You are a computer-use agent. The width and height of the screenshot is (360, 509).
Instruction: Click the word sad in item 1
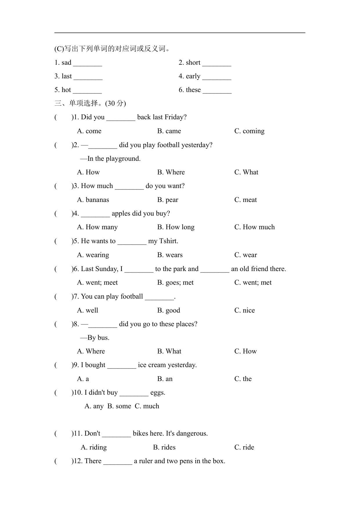(x=66, y=63)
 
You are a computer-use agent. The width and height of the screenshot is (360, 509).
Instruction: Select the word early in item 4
(x=193, y=76)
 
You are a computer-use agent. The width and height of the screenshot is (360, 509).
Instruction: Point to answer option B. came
(x=169, y=131)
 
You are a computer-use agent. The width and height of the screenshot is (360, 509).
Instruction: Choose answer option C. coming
(x=249, y=131)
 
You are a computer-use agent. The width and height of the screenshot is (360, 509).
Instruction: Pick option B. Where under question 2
(x=171, y=172)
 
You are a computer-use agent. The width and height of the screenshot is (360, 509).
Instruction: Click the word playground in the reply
(x=123, y=159)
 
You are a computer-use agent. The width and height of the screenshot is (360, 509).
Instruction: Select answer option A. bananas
(x=93, y=200)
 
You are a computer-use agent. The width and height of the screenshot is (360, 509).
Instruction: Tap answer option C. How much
(x=254, y=227)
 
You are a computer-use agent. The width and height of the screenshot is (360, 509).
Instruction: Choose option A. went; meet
(x=97, y=283)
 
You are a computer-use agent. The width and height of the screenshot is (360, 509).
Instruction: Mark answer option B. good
(x=169, y=311)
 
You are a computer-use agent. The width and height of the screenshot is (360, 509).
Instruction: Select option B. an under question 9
(x=165, y=379)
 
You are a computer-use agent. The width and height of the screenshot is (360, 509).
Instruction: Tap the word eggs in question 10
(x=158, y=393)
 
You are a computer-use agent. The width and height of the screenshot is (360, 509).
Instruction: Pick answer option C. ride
(x=244, y=447)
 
